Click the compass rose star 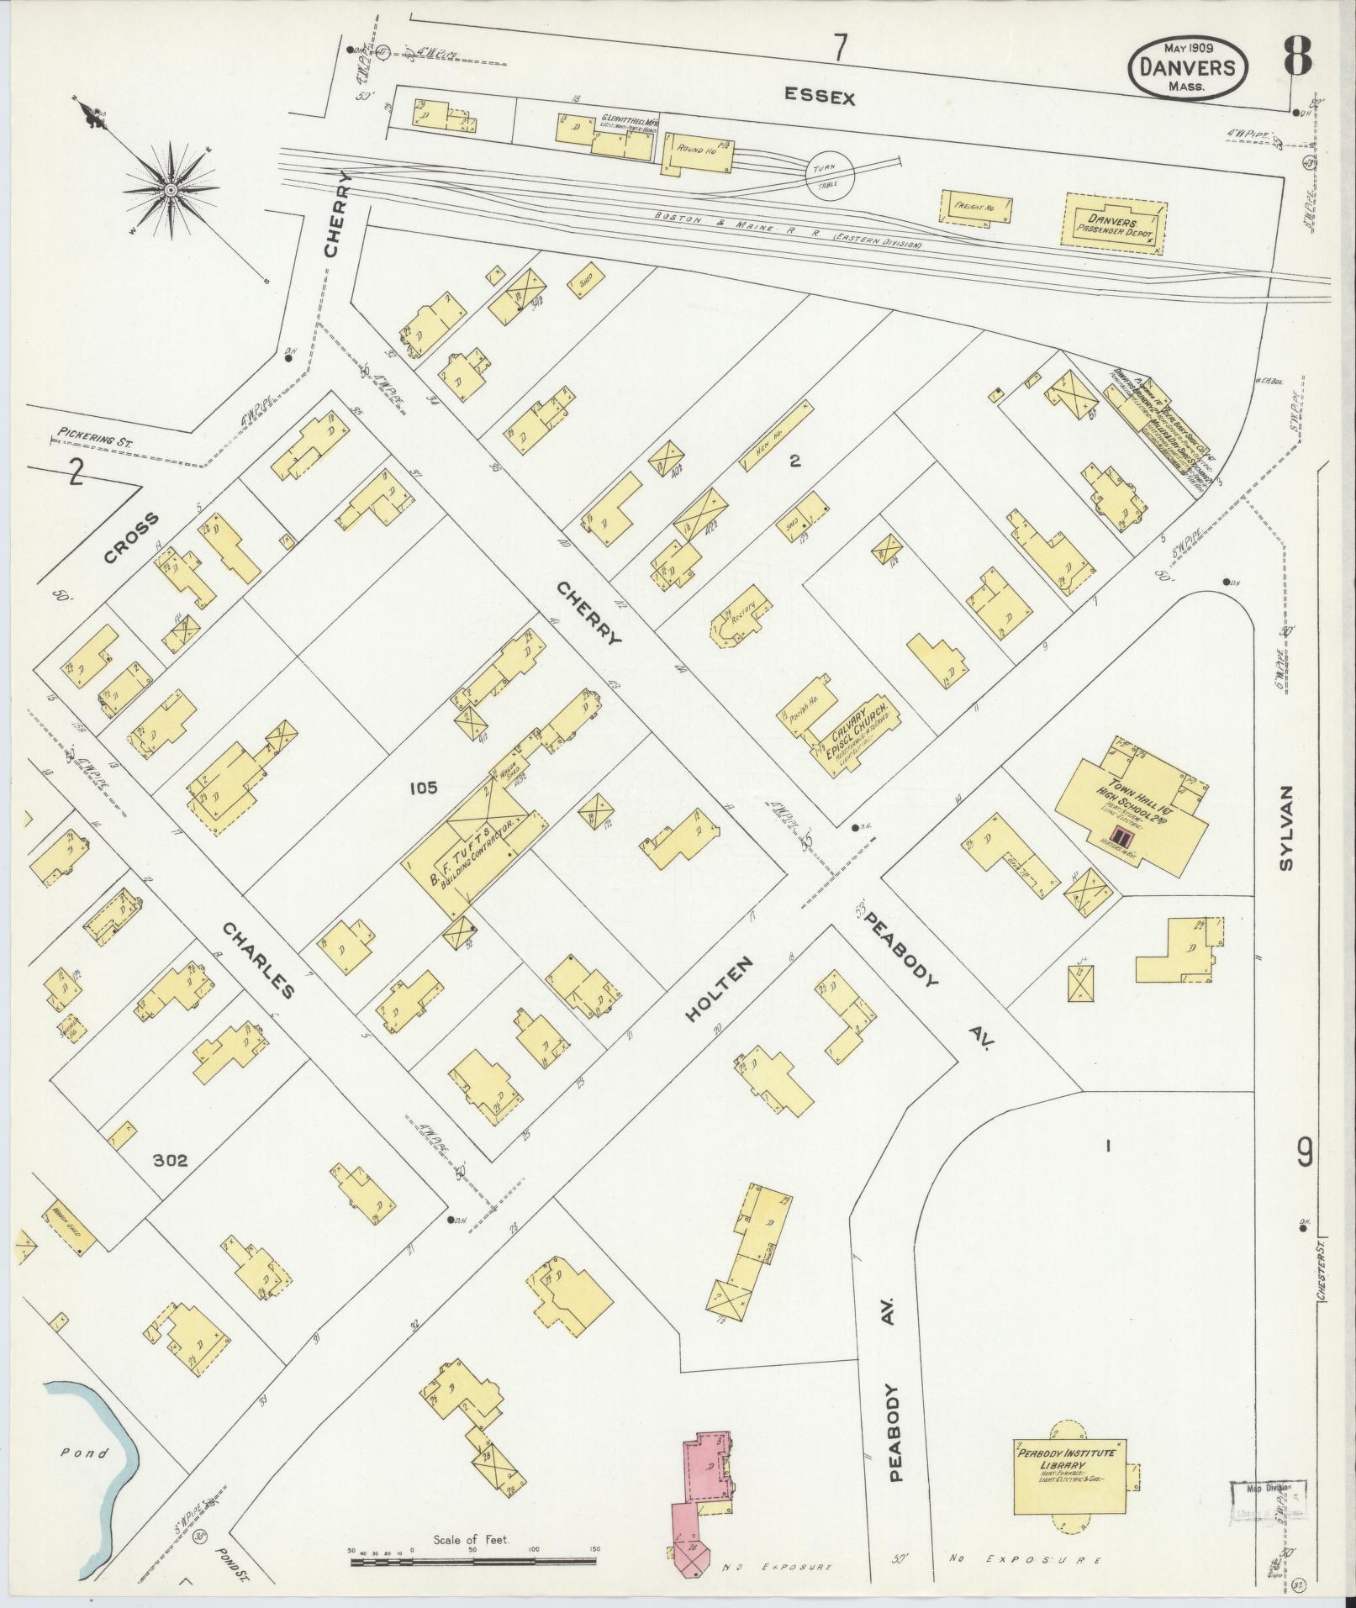[171, 191]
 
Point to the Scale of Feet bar [472, 1562]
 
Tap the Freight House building [976, 207]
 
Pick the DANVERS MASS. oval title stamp [1187, 68]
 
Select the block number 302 [170, 1162]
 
